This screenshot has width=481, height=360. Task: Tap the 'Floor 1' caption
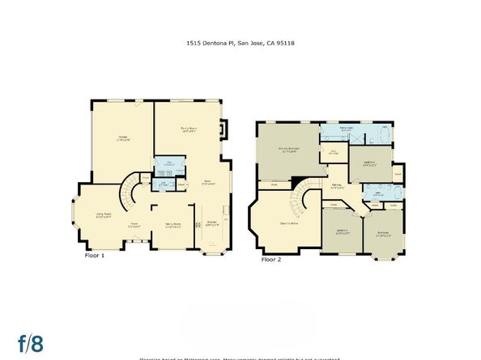click(x=96, y=255)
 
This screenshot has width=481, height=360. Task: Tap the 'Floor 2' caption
click(x=271, y=260)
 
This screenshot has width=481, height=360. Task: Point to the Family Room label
click(x=189, y=129)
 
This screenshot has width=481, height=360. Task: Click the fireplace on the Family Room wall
click(x=225, y=130)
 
